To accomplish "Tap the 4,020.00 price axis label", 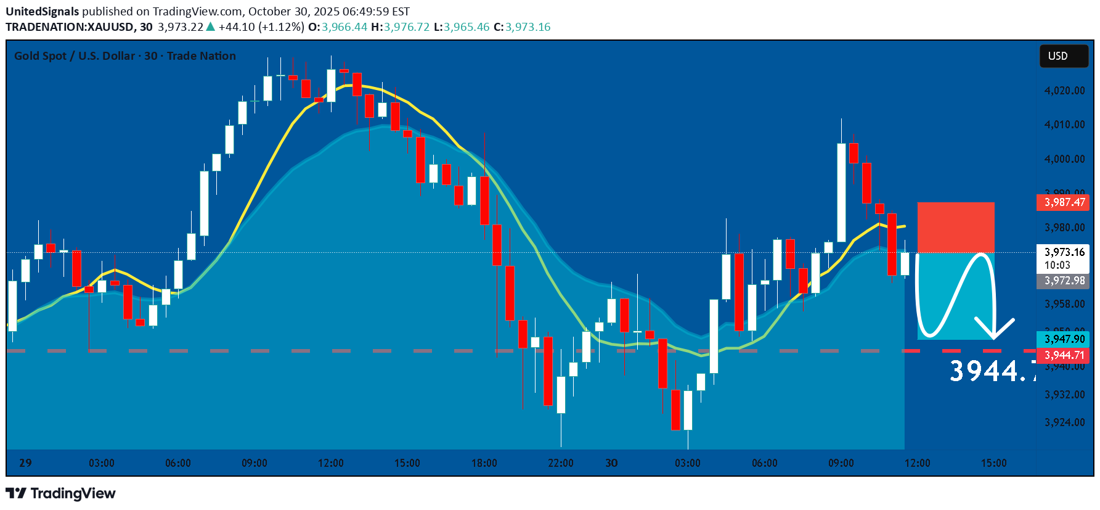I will [x=1064, y=91].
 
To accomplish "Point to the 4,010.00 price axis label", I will [x=1064, y=125].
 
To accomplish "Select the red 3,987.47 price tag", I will [x=1064, y=202].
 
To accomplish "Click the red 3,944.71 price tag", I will [x=1064, y=355].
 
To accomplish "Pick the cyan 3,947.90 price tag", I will [x=1064, y=339].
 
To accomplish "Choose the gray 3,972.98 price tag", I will [x=1064, y=281].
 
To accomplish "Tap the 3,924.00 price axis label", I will [x=1064, y=422].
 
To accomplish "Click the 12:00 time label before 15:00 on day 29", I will [x=331, y=463].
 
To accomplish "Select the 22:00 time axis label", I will [x=561, y=463].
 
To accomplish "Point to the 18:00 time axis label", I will [x=484, y=463].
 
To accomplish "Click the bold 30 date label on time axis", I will [x=611, y=463].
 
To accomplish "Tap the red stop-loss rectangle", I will [x=956, y=227].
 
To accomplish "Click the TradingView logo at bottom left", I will [x=60, y=493].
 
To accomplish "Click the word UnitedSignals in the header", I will [x=43, y=11].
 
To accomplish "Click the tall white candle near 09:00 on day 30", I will [x=841, y=192].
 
